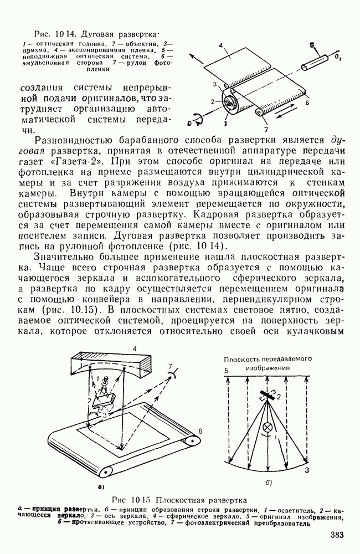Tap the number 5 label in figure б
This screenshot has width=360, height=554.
tap(225, 371)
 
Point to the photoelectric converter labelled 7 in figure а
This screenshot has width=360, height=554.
tap(172, 373)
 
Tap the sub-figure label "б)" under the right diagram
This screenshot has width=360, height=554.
tap(268, 482)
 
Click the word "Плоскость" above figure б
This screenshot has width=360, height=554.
tap(241, 358)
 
